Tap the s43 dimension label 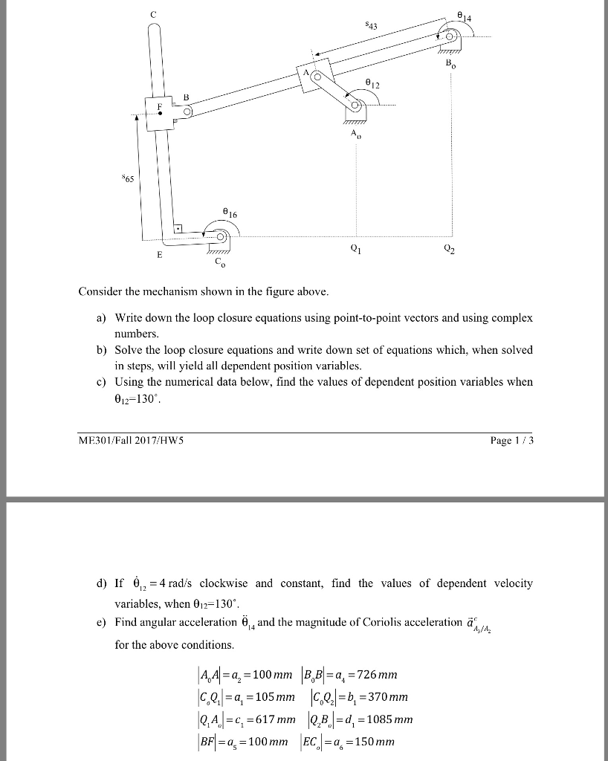[x=372, y=27]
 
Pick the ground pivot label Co [x=219, y=262]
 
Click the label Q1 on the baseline [x=356, y=250]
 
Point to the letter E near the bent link [x=158, y=255]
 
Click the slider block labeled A [x=314, y=78]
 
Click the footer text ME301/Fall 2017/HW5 [x=130, y=440]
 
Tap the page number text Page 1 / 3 [x=511, y=440]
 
